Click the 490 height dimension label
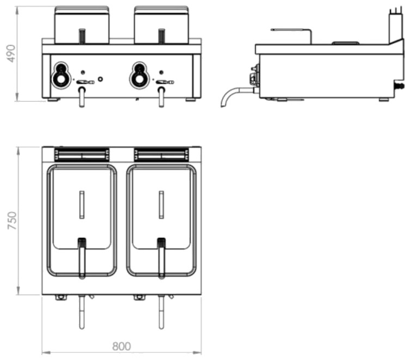point(11,53)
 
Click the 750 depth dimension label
point(12,221)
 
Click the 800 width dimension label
point(121,346)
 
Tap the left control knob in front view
point(60,75)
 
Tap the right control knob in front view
point(139,75)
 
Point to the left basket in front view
point(82,25)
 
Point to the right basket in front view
point(161,25)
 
